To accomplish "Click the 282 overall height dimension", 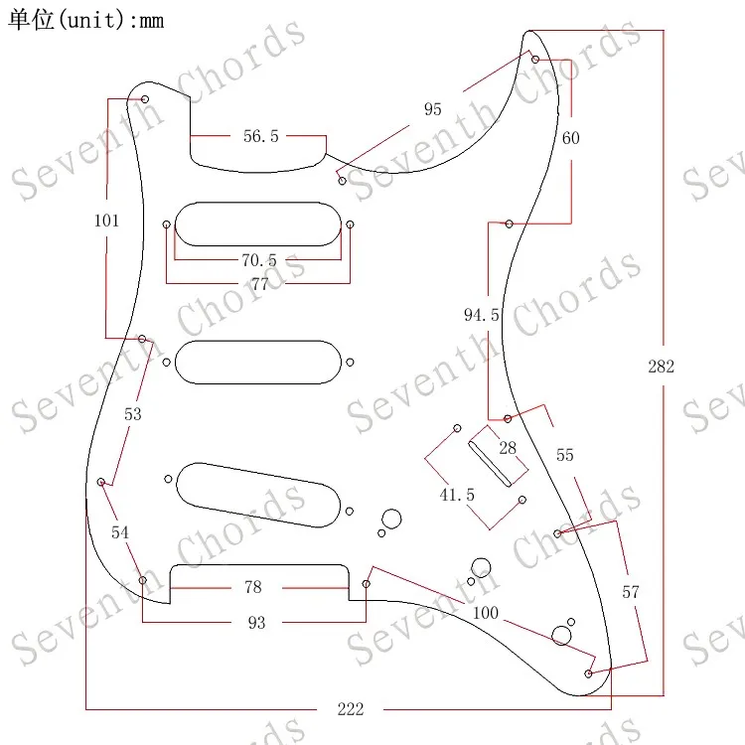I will [661, 367].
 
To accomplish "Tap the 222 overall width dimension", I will [350, 708].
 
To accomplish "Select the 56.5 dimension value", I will [261, 136].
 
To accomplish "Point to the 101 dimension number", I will [106, 221].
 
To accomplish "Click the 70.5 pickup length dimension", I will [258, 260].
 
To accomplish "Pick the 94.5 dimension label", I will [482, 315].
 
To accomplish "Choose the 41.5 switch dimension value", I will [457, 494].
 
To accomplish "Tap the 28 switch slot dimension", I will [508, 449].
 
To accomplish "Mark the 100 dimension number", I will [485, 613].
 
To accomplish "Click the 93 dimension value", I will [256, 623].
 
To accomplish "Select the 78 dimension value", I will [253, 587].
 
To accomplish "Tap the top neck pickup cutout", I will [257, 223].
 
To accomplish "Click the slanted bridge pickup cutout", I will [260, 492].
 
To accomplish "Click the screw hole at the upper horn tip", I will [535, 60].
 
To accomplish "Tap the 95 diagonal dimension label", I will [432, 109].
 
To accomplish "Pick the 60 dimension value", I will [570, 138].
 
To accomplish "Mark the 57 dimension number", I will [630, 592].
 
